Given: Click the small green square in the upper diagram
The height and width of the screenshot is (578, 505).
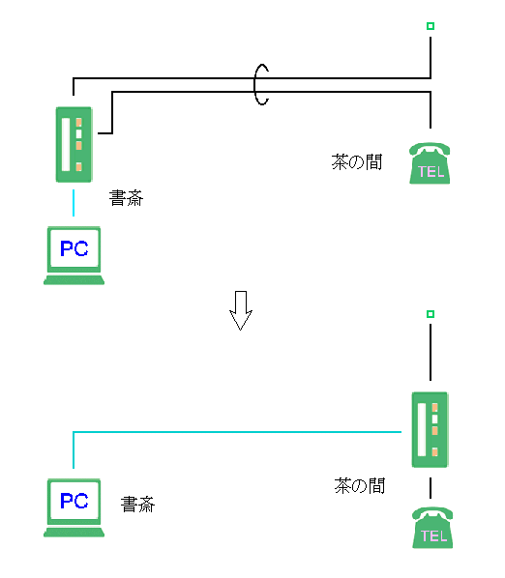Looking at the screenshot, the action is pyautogui.click(x=431, y=26).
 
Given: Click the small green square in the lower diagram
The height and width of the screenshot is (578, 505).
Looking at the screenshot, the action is pyautogui.click(x=431, y=314).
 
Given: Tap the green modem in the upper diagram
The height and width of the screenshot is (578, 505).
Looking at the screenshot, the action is pyautogui.click(x=74, y=145).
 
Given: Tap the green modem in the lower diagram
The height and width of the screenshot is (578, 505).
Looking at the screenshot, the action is pyautogui.click(x=430, y=430).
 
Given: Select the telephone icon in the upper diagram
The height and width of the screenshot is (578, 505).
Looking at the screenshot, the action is pyautogui.click(x=430, y=163).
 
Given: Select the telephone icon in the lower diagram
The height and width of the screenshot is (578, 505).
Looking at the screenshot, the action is pyautogui.click(x=432, y=528).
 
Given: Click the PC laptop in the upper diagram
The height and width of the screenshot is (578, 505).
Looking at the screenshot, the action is pyautogui.click(x=74, y=255).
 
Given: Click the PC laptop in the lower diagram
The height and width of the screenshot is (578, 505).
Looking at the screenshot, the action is pyautogui.click(x=74, y=508).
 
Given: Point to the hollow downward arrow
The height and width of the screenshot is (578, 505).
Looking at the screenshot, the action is pyautogui.click(x=241, y=310).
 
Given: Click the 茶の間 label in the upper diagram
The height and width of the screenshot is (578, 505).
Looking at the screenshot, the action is pyautogui.click(x=356, y=161).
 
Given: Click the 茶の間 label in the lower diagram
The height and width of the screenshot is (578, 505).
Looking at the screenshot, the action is pyautogui.click(x=359, y=485).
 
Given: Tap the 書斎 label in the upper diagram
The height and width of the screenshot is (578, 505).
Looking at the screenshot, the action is pyautogui.click(x=126, y=198).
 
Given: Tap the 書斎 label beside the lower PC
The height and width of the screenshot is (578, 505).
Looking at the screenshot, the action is pyautogui.click(x=137, y=505).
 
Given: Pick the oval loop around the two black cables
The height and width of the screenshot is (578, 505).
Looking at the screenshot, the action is pyautogui.click(x=254, y=85).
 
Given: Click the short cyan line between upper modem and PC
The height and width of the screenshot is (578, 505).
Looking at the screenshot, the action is pyautogui.click(x=74, y=203).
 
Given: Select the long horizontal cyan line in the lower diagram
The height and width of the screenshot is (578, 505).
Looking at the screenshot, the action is pyautogui.click(x=238, y=432).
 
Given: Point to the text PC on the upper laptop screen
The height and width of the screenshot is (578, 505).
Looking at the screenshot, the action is pyautogui.click(x=74, y=248).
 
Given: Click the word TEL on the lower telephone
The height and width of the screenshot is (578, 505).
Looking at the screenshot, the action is pyautogui.click(x=433, y=535).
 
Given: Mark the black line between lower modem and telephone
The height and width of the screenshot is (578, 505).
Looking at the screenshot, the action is pyautogui.click(x=431, y=488).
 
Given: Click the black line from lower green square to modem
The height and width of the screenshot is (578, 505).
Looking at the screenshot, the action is pyautogui.click(x=431, y=353).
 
